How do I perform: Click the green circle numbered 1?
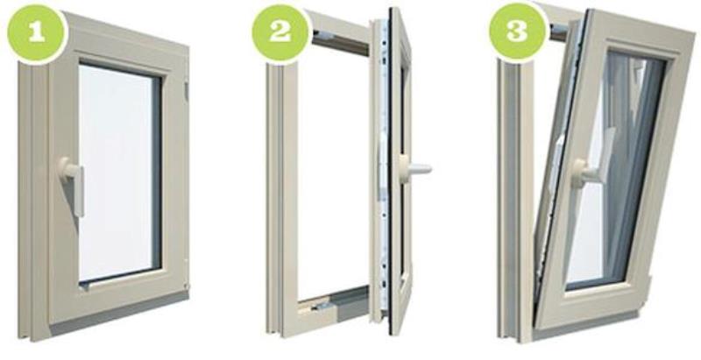[37, 32]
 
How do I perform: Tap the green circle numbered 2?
[280, 32]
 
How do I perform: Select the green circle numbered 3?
[518, 32]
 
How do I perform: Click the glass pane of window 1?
[119, 172]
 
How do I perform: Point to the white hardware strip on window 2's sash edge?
[383, 166]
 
